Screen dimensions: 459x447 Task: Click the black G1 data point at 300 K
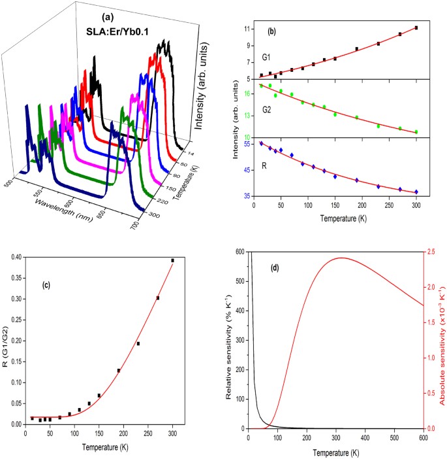[x=416, y=28]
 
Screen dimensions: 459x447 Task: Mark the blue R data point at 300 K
[x=416, y=192]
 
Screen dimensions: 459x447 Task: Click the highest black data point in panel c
[x=191, y=260]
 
